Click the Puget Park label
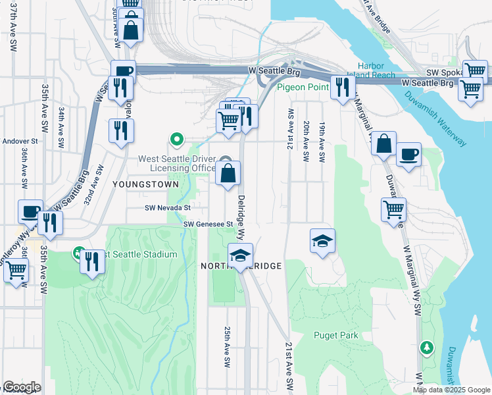335,335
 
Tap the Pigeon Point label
303,87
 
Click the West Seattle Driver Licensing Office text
177,163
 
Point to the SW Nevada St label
168,207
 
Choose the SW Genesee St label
209,224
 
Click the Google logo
21,386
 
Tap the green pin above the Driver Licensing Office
176,139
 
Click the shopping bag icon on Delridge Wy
228,174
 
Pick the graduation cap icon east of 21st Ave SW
322,242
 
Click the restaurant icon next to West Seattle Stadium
92,261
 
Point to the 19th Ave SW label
322,142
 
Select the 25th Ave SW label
226,346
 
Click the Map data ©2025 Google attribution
451,390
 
